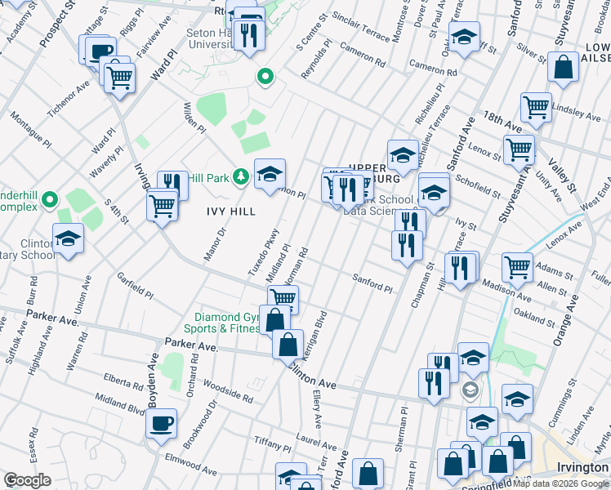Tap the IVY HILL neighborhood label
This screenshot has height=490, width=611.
[230, 211]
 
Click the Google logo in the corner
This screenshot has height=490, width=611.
[28, 480]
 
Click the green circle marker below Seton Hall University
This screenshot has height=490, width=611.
[265, 78]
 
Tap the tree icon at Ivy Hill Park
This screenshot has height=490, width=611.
[241, 176]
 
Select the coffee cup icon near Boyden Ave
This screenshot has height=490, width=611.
[161, 423]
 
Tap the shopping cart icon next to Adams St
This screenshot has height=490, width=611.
[517, 266]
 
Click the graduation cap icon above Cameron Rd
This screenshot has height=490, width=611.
[464, 38]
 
